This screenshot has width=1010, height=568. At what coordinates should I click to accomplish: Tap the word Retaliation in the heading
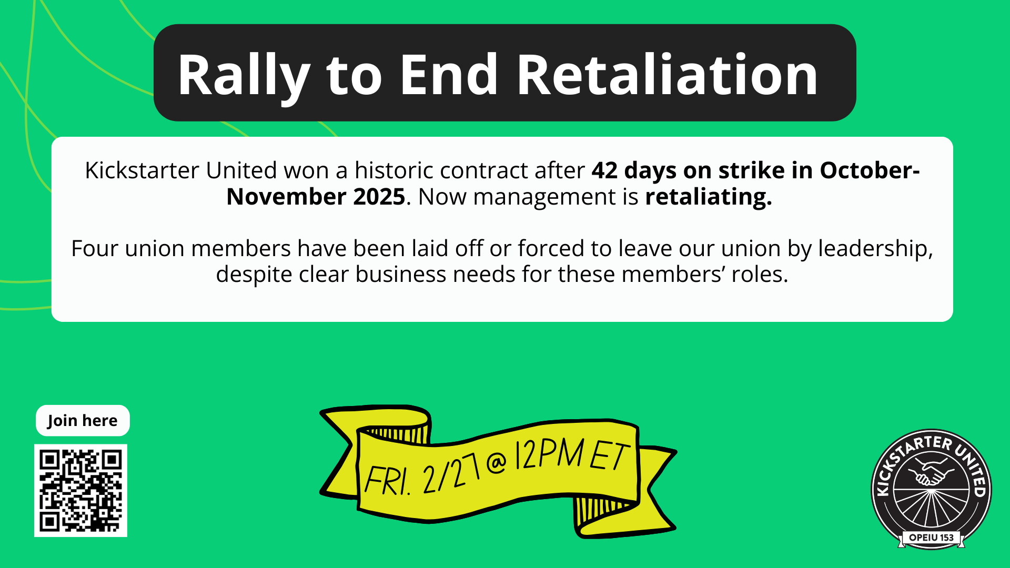point(667,75)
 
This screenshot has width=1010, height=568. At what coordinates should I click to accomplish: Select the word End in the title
point(449,75)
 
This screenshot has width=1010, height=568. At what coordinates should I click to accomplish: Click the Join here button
point(83,421)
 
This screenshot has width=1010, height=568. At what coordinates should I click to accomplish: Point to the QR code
point(80,490)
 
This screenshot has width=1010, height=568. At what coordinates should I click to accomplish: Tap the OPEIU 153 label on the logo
point(931,537)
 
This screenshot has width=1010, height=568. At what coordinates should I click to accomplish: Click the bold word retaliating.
point(709,197)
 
